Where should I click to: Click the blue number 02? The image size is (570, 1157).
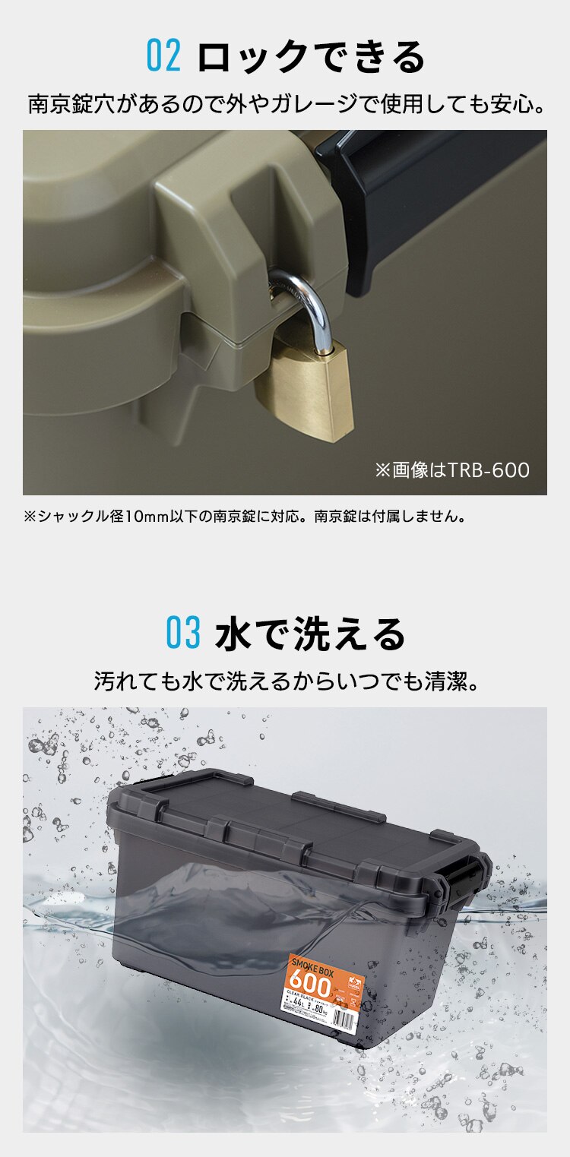tap(163, 58)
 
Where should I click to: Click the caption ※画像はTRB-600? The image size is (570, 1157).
tap(451, 470)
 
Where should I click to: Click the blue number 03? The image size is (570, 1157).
tap(183, 634)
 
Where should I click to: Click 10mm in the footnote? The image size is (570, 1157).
tap(141, 517)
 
